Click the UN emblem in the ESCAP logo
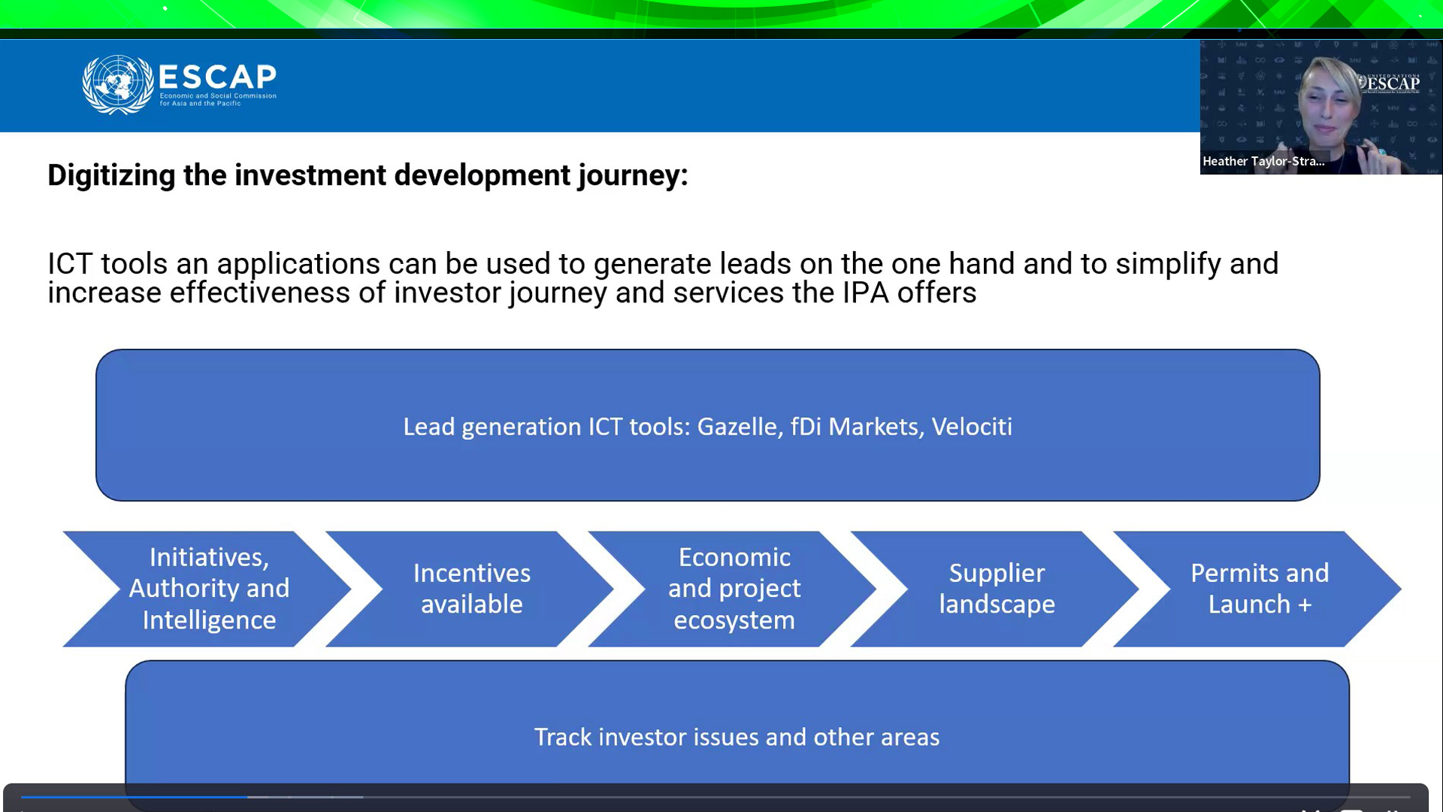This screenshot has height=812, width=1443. (x=118, y=84)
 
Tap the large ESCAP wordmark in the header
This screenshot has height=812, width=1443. (x=218, y=77)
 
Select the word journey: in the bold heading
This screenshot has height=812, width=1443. (x=633, y=176)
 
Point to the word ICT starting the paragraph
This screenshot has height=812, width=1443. (x=70, y=264)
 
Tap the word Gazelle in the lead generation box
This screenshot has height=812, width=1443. (x=737, y=427)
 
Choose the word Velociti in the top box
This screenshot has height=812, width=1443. (x=972, y=427)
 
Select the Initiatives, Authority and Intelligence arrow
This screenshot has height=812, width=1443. (x=209, y=589)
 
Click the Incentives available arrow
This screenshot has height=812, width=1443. (x=472, y=589)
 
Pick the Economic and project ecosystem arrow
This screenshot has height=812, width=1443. (x=734, y=589)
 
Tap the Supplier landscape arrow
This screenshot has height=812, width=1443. (x=997, y=589)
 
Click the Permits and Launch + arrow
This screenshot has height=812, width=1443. (x=1260, y=589)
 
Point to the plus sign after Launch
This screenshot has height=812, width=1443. (x=1304, y=605)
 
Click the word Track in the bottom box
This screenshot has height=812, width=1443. (x=563, y=737)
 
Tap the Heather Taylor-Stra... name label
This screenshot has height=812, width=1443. (x=1263, y=161)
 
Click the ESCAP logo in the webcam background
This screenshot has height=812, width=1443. (x=1390, y=83)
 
